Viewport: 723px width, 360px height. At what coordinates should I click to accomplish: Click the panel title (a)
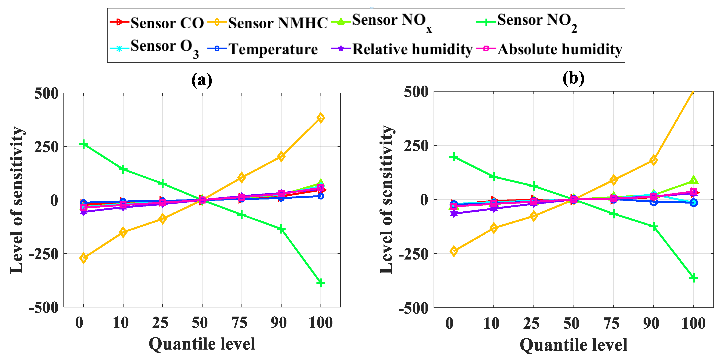201,80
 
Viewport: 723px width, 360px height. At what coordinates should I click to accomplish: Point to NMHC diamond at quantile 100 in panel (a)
321,118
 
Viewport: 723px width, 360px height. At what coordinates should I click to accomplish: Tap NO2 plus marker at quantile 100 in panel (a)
321,283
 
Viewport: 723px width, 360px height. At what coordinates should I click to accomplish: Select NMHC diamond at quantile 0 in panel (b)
454,251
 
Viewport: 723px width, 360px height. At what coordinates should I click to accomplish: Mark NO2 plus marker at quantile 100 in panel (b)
693,278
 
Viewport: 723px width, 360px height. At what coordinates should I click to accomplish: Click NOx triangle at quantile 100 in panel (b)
693,180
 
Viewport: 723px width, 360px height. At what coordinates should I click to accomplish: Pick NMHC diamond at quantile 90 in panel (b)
653,160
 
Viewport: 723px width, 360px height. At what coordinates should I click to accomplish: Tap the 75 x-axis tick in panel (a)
239,323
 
